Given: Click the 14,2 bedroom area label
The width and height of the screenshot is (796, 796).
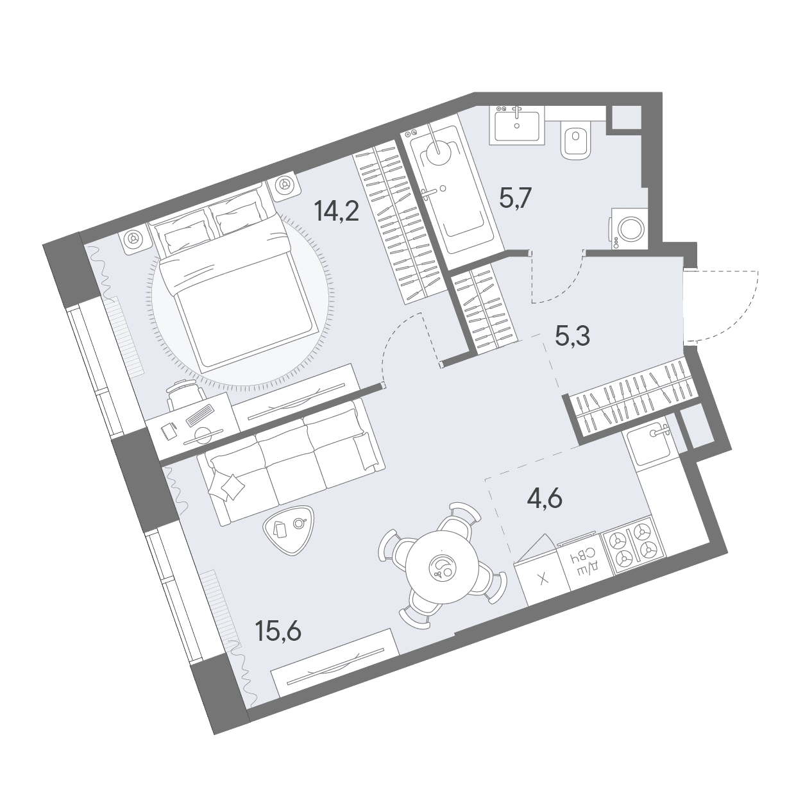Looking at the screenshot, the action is pos(336,210).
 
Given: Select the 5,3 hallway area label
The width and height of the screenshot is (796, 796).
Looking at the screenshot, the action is pos(573,337).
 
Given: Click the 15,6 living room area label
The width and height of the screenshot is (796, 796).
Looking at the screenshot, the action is pos(278,631).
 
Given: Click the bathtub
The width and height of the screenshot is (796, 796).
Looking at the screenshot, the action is pos(452,192).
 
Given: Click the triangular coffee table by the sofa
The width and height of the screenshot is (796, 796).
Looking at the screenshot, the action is pos(287,529).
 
